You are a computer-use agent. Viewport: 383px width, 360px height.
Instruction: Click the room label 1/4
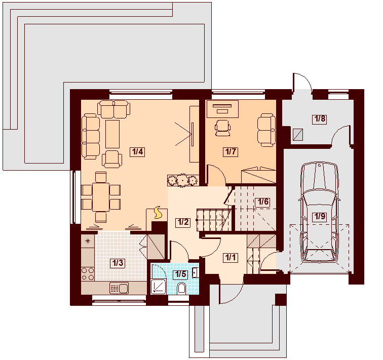pos(137,151)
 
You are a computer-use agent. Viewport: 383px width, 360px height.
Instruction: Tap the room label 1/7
pos(231,151)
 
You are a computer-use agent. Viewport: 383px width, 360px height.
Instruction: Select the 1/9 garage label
pos(320,216)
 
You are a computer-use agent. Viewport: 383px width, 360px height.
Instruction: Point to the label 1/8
pos(320,119)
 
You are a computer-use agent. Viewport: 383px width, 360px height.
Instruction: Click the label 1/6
pos(263,202)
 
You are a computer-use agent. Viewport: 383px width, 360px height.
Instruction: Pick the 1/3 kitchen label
pos(118,263)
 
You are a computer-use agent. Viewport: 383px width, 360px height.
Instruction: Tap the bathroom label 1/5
pos(180,274)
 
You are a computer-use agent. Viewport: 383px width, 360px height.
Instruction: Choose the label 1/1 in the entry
pos(231,257)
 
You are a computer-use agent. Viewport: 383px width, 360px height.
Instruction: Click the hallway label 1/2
pos(183,222)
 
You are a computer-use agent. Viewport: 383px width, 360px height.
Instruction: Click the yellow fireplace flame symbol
pos(158,213)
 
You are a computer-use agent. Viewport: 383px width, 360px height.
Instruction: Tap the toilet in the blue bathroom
pos(181,288)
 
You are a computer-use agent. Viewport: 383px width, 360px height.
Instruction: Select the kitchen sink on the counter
pos(119,288)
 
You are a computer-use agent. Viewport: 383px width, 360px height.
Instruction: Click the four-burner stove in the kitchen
pos(88,273)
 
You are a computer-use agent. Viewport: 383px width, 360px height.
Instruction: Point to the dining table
pos(101,197)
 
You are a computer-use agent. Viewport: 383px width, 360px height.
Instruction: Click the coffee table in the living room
pos(112,134)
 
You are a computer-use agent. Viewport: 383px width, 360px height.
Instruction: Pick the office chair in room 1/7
pos(222,128)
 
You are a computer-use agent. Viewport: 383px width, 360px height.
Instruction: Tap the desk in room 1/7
pos(222,109)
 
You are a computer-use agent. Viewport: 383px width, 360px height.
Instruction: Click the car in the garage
pos(320,213)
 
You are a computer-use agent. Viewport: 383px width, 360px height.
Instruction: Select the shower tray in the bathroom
pos(158,287)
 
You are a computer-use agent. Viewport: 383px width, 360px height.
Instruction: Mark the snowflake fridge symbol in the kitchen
pos(88,241)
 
